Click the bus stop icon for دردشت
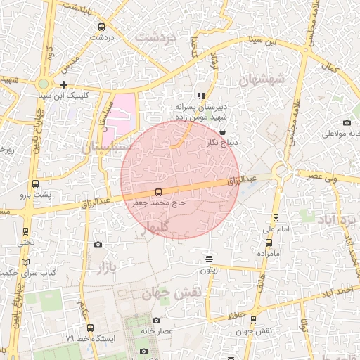(102, 27)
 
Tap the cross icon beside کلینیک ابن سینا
(64, 84)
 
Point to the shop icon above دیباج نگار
(223, 131)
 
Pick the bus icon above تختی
(26, 231)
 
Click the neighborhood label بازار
(105, 266)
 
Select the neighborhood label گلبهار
(156, 227)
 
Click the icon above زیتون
(209, 259)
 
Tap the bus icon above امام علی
(276, 218)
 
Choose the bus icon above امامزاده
(269, 243)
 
